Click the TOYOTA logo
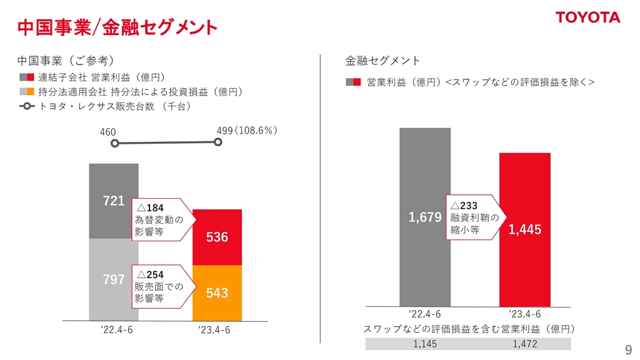coord(588,17)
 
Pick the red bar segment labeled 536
coord(217,237)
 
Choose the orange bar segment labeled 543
coord(217,293)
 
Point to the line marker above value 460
coord(114,144)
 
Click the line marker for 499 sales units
coord(218,142)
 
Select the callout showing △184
coord(161,219)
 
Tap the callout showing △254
coord(161,286)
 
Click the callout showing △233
coord(474,217)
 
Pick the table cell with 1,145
coord(425,344)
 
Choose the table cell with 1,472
coord(525,344)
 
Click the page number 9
coord(628,349)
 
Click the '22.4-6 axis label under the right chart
coord(425,314)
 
